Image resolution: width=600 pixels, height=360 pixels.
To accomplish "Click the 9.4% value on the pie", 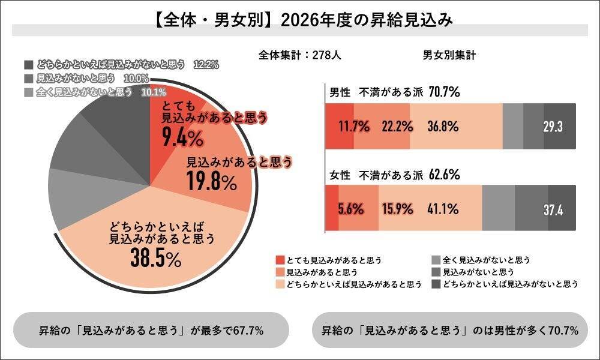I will [x=183, y=139].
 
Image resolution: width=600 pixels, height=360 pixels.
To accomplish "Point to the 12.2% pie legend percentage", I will [x=206, y=64].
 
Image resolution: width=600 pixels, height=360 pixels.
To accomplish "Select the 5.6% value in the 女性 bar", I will [x=351, y=209].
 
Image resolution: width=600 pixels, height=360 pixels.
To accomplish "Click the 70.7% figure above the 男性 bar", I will [x=444, y=92].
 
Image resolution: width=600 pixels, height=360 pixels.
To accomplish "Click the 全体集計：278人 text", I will [x=300, y=55].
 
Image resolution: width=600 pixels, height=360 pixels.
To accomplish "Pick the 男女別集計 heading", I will [x=449, y=55].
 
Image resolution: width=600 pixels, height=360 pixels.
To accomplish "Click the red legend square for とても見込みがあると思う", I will [x=280, y=260].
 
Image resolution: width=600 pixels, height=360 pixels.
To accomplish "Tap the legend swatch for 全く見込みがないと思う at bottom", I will [x=436, y=260].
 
